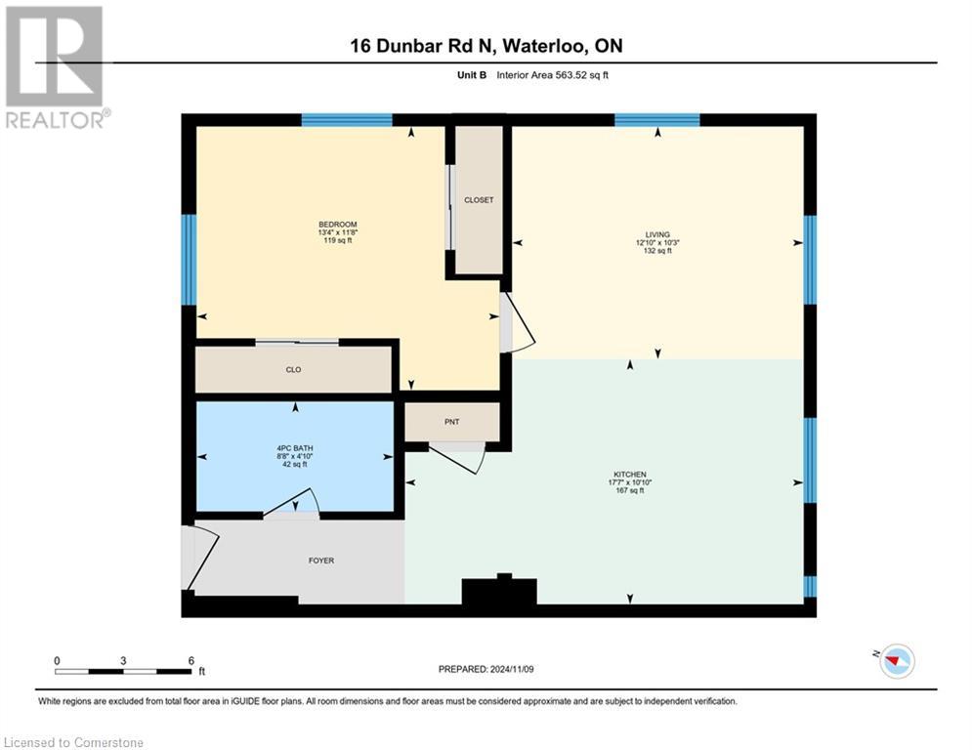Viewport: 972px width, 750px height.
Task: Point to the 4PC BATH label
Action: [x=294, y=448]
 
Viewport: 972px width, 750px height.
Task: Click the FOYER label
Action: [x=320, y=561]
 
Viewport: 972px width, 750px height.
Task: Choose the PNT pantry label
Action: [x=451, y=422]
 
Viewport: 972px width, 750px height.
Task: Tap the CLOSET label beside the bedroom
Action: [x=479, y=200]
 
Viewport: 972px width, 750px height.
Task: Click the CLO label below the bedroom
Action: [x=293, y=370]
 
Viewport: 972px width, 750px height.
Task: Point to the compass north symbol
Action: [x=897, y=661]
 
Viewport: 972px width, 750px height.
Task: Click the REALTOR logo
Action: [x=55, y=67]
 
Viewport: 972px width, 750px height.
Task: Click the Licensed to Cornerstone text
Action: [x=74, y=743]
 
